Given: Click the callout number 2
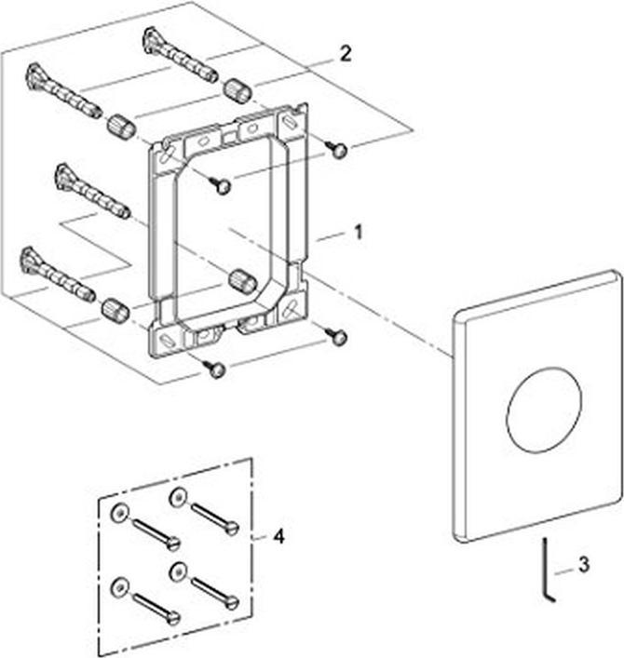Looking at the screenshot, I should click(x=345, y=54).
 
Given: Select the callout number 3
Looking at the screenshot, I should click(x=583, y=563).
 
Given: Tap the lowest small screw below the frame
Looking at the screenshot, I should click(x=218, y=370).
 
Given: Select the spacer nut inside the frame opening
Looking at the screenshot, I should click(x=243, y=281).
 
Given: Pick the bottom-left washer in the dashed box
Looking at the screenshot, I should click(x=118, y=587).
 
